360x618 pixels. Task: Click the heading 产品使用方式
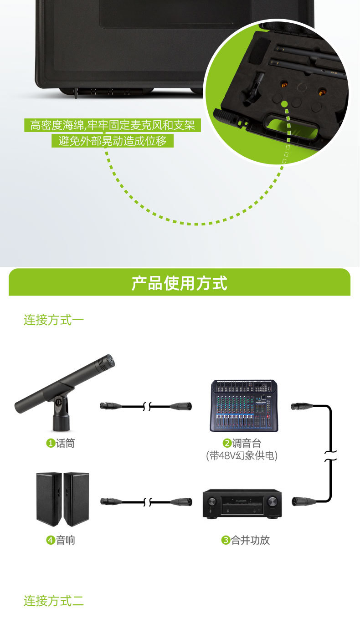point(180,283)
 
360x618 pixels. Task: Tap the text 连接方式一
point(54,320)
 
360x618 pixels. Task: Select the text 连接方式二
point(54,601)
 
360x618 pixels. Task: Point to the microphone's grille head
point(107,362)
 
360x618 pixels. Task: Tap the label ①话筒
point(61,443)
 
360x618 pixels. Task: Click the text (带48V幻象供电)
point(242,455)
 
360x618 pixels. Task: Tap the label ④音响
point(61,540)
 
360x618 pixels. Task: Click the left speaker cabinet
point(49,499)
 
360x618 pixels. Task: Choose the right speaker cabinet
point(76,499)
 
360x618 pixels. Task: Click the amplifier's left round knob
point(212,502)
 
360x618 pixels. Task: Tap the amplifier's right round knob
point(272,502)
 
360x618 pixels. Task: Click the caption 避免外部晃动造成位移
point(113,141)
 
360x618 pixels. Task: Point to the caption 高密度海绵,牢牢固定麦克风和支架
point(113,125)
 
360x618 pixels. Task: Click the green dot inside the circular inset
point(285,104)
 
